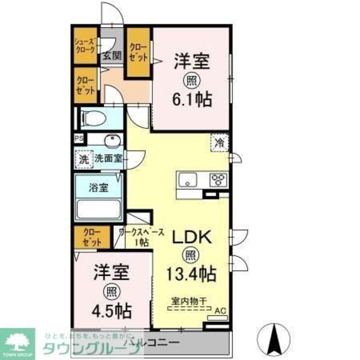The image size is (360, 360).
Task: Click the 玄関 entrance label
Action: click(111, 57)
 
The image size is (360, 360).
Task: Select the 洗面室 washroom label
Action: click(108, 159)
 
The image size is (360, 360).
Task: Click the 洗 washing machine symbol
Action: click(83, 159)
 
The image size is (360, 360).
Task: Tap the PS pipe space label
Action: click(79, 139)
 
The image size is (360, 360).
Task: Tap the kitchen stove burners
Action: click(217, 179)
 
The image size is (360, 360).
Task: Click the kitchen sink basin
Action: click(187, 180)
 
